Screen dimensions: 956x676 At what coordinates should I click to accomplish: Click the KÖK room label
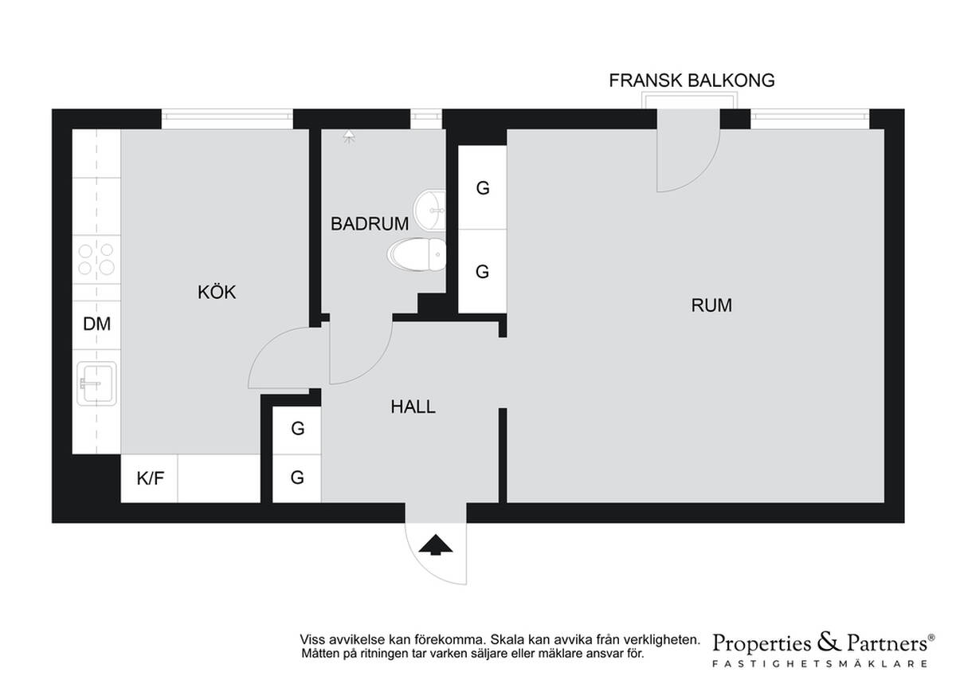pos(217,292)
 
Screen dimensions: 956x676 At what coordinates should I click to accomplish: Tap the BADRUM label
pos(370,224)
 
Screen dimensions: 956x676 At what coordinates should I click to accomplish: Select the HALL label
pos(413,407)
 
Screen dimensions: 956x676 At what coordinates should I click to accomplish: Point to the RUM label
pos(711,305)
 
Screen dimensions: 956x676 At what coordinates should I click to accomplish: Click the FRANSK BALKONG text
pos(692,81)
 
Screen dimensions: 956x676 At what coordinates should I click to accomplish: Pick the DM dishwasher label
pos(97,324)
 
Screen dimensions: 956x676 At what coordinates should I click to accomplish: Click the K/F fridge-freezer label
pos(151,478)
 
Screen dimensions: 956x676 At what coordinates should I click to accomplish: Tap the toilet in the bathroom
pos(417,254)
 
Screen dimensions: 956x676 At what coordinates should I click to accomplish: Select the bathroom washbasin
pos(429,210)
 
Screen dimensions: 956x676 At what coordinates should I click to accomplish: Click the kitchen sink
pos(96,383)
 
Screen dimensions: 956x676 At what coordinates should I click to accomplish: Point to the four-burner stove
pos(96,259)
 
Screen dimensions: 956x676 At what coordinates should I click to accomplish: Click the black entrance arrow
pos(435,544)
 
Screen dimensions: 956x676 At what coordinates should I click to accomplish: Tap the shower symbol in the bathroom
pos(350,136)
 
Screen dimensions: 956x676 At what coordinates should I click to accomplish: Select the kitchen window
pos(227,119)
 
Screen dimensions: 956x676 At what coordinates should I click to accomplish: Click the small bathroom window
pos(426,119)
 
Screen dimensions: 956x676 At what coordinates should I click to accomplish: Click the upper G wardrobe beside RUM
pos(482,187)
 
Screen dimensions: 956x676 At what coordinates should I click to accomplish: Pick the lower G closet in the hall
pos(297,478)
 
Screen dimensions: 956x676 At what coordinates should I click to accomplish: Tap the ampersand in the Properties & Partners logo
pos(829,643)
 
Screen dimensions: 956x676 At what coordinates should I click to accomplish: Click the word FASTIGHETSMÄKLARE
pos(820,664)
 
